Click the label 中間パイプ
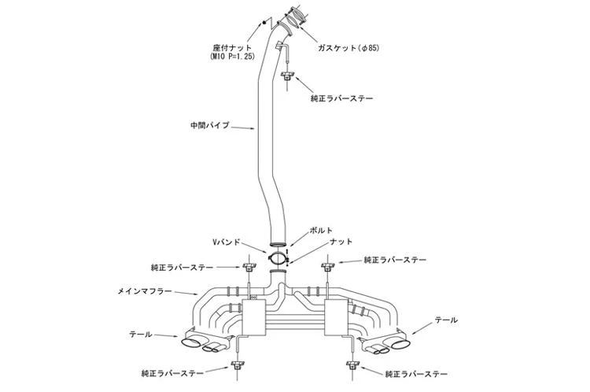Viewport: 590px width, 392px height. point(210,125)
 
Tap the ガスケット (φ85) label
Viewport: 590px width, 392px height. point(348,48)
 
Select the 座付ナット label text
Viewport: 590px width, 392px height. point(232,48)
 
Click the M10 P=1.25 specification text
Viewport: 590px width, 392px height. point(232,57)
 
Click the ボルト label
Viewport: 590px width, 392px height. point(321,230)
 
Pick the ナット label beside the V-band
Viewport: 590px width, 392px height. point(341,242)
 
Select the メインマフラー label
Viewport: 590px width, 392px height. point(145,291)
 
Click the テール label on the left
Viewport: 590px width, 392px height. point(141,334)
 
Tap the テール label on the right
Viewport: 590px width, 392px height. point(446,320)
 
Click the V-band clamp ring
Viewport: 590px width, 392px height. point(278,258)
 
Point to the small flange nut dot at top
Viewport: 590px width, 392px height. point(264,22)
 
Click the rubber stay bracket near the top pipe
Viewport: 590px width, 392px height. point(287,75)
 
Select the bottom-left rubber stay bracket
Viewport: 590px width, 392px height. point(238,364)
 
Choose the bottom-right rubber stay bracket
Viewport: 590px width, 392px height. point(352,364)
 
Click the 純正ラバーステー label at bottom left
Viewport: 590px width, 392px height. point(172,374)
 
